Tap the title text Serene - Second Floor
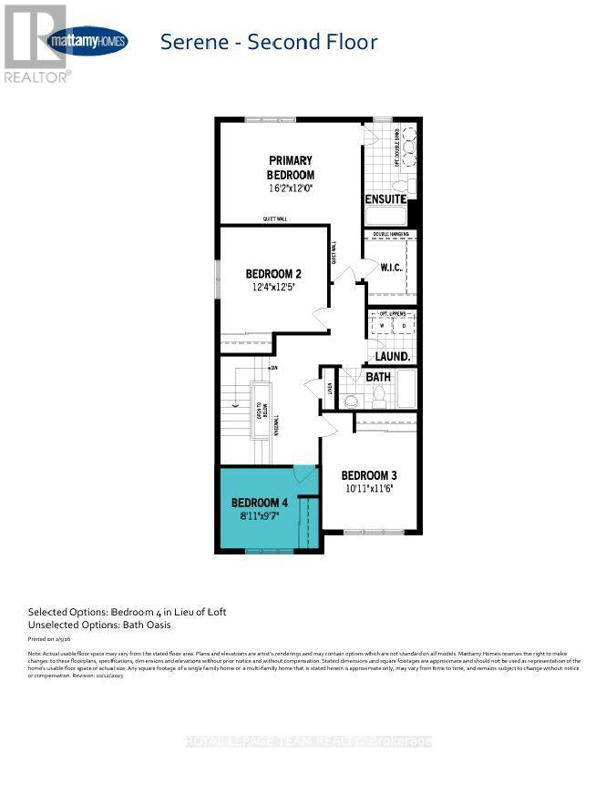(x=268, y=41)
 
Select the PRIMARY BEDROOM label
(x=290, y=168)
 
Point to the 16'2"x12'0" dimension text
(x=290, y=189)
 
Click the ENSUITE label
(x=385, y=199)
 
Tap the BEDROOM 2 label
(x=273, y=273)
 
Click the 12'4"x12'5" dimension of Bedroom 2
(x=273, y=287)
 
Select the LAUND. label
(x=392, y=357)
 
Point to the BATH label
(x=378, y=376)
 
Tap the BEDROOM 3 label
(x=369, y=475)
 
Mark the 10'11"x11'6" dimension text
(x=369, y=489)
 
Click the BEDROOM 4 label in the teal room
(x=260, y=503)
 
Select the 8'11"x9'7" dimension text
(x=260, y=517)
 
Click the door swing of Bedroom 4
(x=304, y=475)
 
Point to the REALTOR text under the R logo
(x=36, y=77)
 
